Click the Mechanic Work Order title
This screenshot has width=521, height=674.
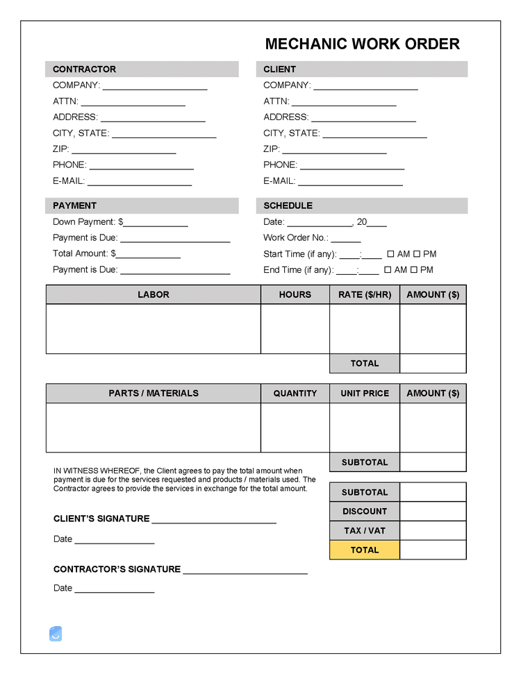(x=362, y=44)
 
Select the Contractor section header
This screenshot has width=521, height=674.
(x=142, y=69)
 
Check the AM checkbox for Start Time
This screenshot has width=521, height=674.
(x=390, y=254)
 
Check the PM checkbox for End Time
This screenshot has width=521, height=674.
(x=414, y=270)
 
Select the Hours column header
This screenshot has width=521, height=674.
(x=295, y=294)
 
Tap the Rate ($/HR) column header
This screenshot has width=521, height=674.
(x=365, y=294)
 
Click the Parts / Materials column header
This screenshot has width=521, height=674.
(x=154, y=393)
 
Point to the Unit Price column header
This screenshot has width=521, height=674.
(x=365, y=393)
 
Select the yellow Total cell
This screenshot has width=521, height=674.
(x=365, y=550)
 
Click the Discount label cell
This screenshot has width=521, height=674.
(x=365, y=512)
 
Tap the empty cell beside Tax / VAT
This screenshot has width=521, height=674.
(x=433, y=531)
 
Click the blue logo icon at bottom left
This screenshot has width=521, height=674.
(x=56, y=633)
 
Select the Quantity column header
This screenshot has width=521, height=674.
(x=295, y=393)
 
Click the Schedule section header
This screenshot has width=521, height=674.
(x=362, y=205)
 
